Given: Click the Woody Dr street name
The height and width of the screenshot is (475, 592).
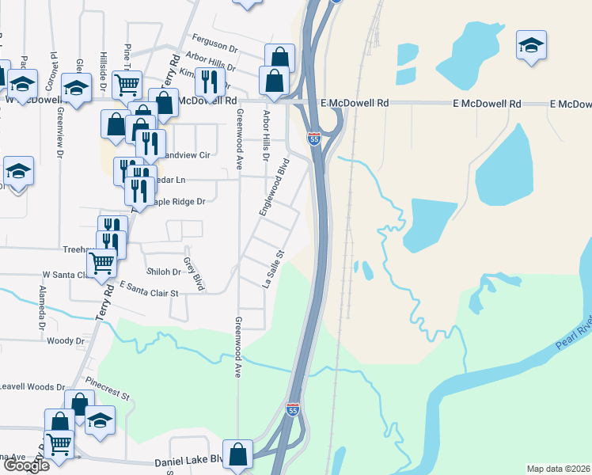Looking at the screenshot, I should pos(66,341).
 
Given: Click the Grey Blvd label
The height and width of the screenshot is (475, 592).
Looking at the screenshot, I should pos(189,272).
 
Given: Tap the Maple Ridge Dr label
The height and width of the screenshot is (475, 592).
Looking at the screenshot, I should pos(173,202).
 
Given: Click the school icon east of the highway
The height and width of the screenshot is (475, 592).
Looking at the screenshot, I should pos(531,44).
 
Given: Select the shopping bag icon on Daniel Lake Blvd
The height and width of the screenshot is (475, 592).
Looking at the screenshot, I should pos(237,454).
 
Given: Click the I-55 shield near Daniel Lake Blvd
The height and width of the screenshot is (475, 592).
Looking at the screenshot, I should pos(293,409).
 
